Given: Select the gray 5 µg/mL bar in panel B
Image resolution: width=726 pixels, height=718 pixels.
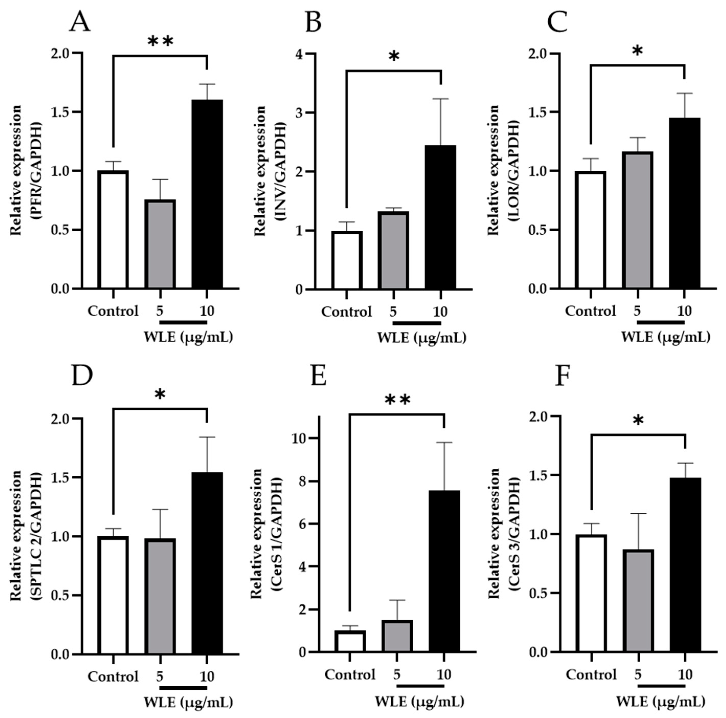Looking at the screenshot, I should point(393,251).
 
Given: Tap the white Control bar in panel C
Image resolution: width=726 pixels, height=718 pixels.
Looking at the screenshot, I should point(591,230).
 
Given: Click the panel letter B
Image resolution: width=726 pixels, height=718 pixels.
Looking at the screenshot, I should point(313,22).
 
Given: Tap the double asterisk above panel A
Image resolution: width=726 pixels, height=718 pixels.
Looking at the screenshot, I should point(161,41).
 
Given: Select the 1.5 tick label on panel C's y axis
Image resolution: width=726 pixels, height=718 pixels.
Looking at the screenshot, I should point(537,112).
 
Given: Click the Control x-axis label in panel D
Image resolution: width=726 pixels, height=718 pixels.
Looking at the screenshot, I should point(113,677).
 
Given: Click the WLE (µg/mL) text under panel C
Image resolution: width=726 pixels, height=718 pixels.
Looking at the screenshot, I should point(665,337).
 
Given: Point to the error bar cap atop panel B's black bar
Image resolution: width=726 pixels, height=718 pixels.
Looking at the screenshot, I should point(441,99).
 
